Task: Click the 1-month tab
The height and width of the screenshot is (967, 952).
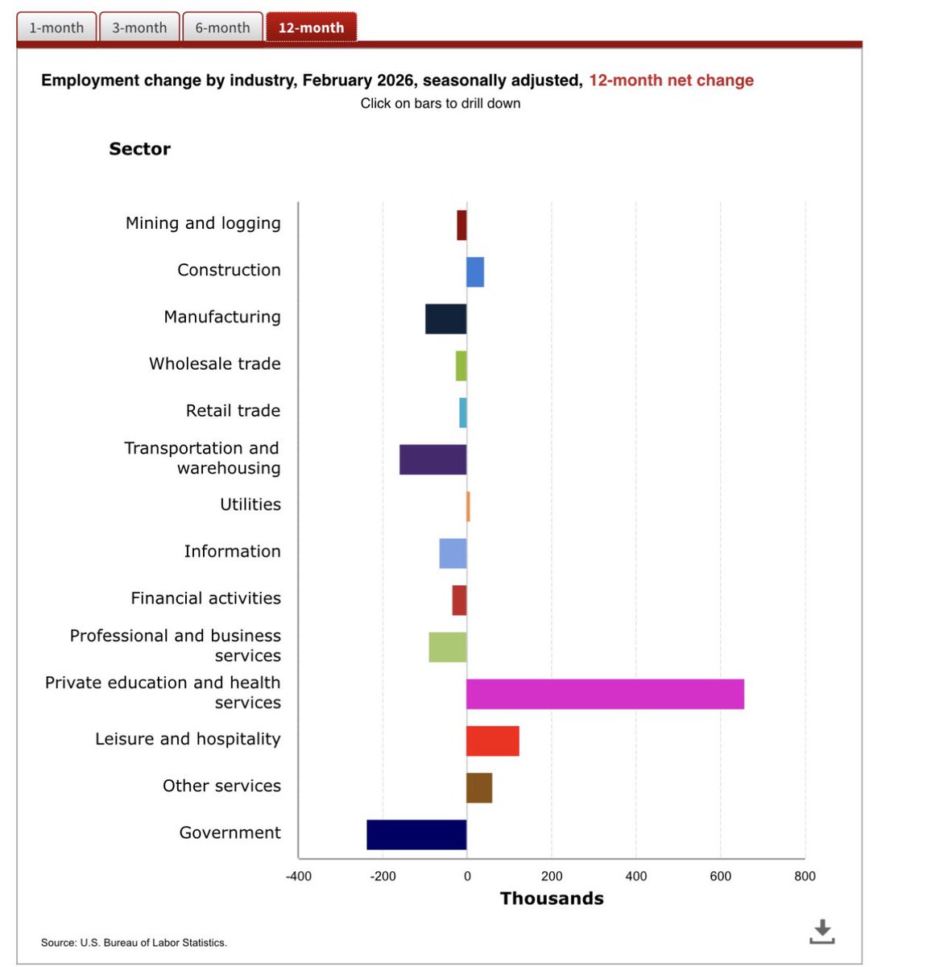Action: click(56, 27)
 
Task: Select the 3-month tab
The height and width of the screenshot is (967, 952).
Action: click(139, 27)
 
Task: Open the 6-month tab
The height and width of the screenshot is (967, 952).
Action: click(222, 27)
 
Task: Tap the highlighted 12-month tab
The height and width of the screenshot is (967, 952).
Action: click(311, 27)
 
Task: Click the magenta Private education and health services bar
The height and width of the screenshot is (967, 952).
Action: click(605, 694)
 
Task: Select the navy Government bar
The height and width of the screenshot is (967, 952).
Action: click(416, 834)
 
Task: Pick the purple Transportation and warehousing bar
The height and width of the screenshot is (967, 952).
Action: click(433, 459)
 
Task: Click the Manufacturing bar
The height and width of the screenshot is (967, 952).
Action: click(445, 319)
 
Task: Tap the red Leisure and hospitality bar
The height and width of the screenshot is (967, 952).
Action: click(492, 741)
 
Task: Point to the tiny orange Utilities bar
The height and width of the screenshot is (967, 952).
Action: click(468, 506)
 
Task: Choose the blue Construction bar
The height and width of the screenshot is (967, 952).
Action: click(475, 272)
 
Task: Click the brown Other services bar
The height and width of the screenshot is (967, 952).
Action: click(479, 787)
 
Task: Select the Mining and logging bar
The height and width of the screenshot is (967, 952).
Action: click(462, 226)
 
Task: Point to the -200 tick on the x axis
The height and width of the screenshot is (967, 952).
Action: click(383, 876)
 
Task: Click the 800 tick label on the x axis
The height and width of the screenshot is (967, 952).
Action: click(804, 876)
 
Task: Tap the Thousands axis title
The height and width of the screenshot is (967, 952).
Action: click(552, 899)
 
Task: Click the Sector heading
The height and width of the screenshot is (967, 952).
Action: click(139, 149)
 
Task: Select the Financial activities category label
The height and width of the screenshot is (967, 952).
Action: click(205, 598)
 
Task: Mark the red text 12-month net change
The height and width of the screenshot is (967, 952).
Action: click(671, 81)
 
